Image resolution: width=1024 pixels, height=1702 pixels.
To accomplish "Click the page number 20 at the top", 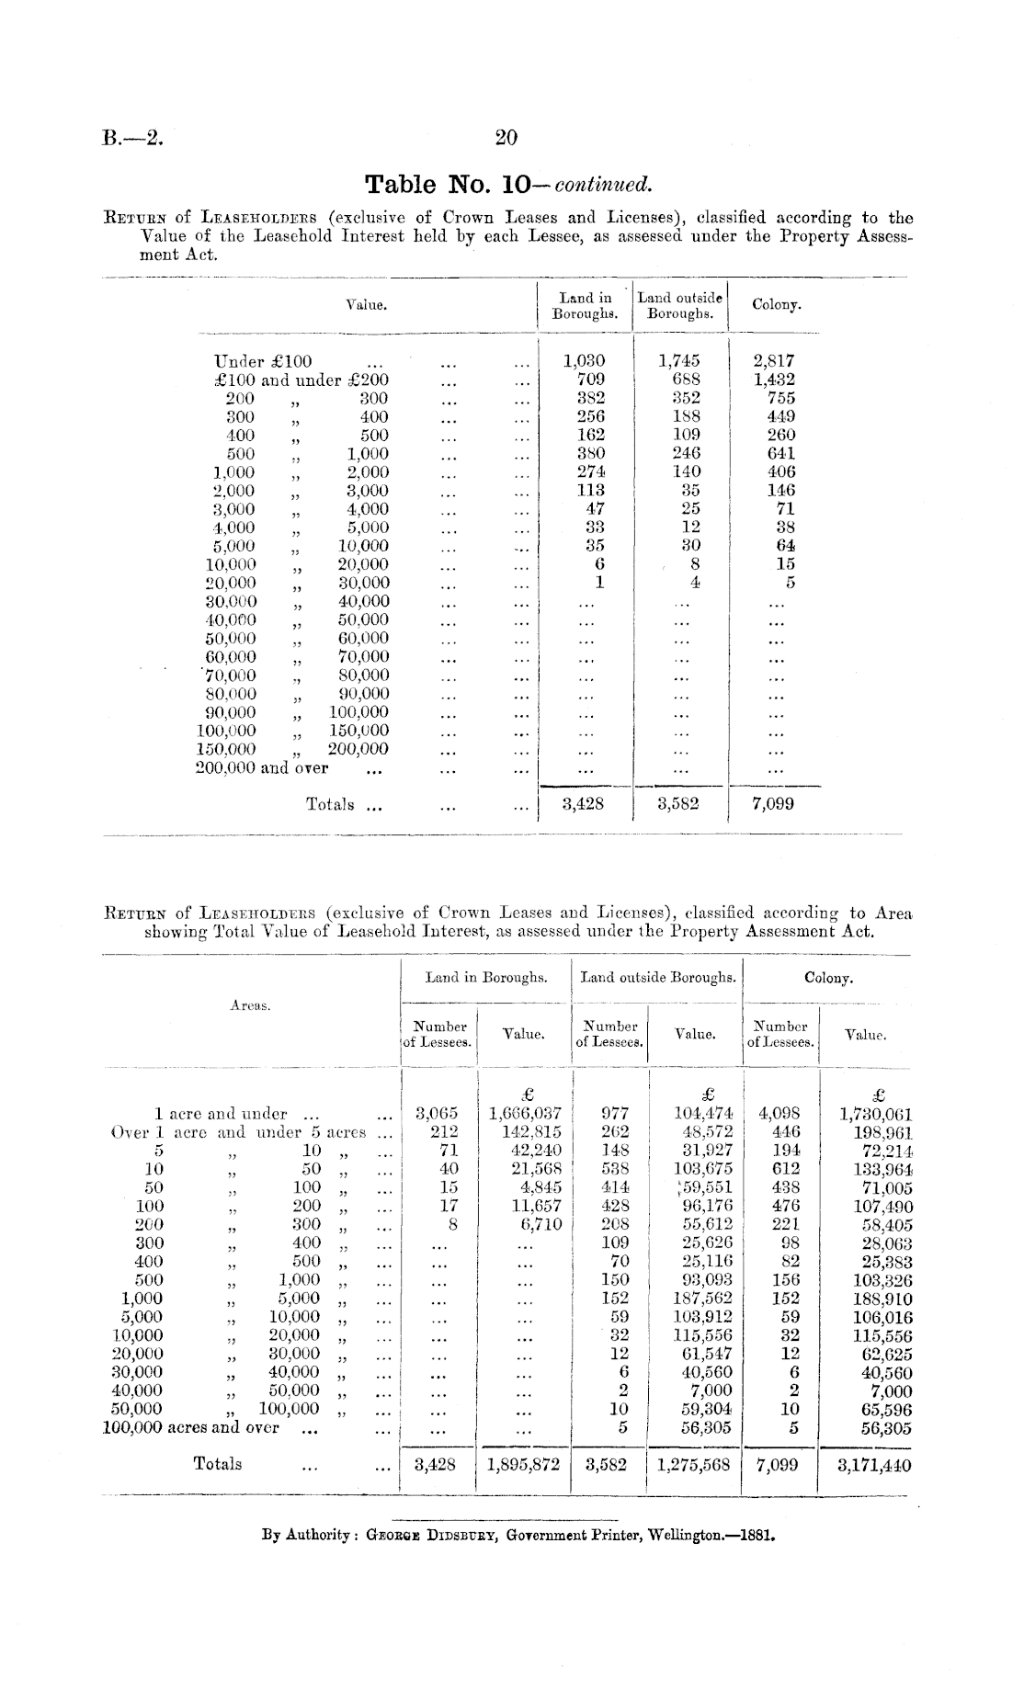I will [506, 138].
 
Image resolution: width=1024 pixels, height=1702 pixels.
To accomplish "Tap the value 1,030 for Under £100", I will [584, 361].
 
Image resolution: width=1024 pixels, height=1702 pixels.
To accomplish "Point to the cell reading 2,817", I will [774, 361].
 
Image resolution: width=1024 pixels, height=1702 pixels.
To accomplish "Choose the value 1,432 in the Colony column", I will [774, 380].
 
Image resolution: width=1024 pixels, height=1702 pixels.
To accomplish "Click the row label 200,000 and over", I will [262, 767].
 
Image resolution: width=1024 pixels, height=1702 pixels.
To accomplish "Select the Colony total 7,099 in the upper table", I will [773, 804].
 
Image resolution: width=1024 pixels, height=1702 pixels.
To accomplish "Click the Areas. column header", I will [250, 1005].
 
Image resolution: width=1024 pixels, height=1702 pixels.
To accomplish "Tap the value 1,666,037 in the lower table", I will [525, 1113].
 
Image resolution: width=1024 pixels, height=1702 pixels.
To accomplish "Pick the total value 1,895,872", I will [524, 1465].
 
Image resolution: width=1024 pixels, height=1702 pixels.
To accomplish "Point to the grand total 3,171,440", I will [874, 1465].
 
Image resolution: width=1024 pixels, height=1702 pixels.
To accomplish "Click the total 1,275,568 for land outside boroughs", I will [695, 1465].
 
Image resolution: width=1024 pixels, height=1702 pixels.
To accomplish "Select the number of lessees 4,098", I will [779, 1113].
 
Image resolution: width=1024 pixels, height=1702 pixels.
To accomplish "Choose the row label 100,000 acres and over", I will [190, 1427].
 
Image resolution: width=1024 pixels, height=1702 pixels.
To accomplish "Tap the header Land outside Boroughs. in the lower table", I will [658, 978].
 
